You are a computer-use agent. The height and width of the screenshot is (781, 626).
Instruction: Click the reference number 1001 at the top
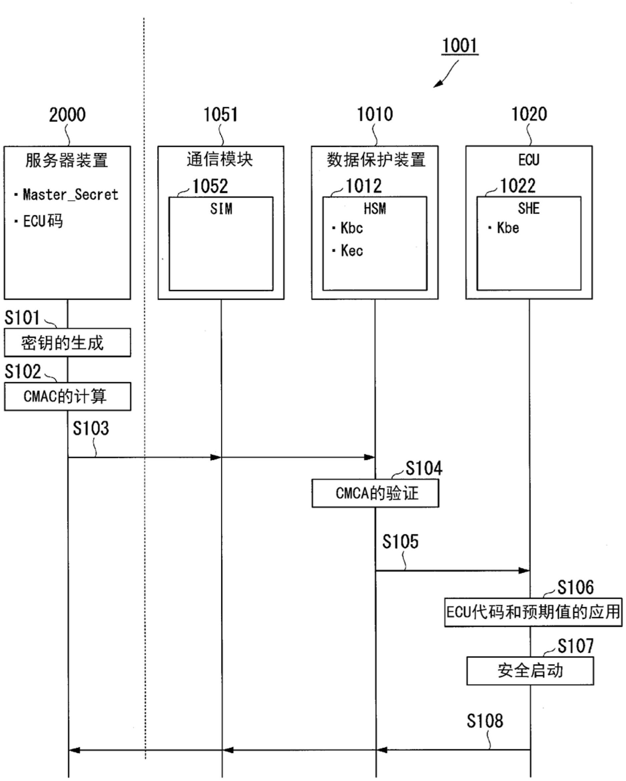[460, 46]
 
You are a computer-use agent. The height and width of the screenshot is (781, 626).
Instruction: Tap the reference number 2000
[67, 115]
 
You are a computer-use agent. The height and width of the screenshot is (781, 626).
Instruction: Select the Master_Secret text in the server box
[71, 195]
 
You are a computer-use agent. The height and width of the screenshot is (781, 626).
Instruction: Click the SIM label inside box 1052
[221, 209]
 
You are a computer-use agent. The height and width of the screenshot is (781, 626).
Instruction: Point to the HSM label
[375, 209]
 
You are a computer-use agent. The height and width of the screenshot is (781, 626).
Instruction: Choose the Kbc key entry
[351, 228]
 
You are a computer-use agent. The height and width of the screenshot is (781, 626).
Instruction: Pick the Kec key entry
[351, 251]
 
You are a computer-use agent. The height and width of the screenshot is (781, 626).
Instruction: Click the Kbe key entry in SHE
[508, 228]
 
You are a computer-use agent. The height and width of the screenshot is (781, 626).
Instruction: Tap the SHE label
[529, 209]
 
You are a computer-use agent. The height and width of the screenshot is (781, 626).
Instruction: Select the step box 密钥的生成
[67, 343]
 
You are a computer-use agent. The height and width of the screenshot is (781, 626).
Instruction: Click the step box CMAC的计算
[67, 396]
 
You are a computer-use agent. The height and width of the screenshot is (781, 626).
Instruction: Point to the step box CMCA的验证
[375, 493]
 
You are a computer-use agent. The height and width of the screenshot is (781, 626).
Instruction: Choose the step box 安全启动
[530, 671]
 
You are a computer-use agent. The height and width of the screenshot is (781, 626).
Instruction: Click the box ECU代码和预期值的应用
[533, 612]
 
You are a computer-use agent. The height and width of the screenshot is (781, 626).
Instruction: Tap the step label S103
[90, 429]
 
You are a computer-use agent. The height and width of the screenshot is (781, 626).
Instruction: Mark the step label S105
[400, 542]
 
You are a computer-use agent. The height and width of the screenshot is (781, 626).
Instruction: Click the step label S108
[485, 721]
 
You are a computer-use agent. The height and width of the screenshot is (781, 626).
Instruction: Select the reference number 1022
[517, 186]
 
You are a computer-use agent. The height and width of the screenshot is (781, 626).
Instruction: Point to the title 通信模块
[220, 160]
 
